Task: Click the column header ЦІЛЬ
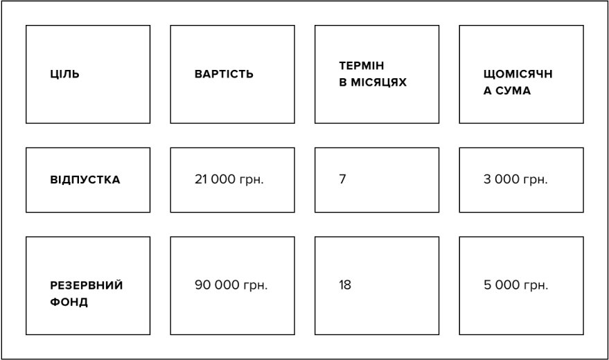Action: tap(64, 74)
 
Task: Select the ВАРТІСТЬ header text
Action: tap(224, 74)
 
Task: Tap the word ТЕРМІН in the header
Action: tap(361, 66)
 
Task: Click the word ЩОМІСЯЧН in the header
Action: tap(518, 74)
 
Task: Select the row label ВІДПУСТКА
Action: tap(85, 179)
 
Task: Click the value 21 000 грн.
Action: tap(229, 179)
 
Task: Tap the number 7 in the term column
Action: tap(342, 179)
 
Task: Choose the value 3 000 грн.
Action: tap(515, 179)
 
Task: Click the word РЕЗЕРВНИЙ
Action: tap(86, 285)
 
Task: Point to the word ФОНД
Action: tap(69, 302)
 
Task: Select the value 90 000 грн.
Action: tap(231, 285)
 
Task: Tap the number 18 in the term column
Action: tap(345, 285)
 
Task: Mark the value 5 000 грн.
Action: tap(515, 285)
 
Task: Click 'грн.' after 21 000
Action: tap(251, 181)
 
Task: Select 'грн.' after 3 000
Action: tap(535, 181)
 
